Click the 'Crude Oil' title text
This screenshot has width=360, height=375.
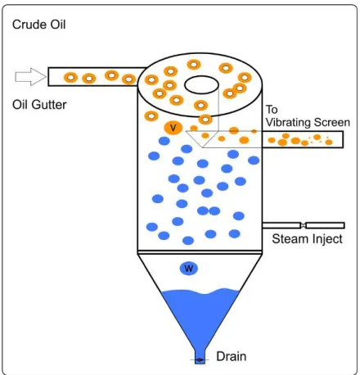click(x=39, y=25)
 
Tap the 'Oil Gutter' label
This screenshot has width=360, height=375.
click(x=39, y=105)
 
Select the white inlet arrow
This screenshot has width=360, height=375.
click(x=30, y=77)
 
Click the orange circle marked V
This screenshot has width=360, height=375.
click(x=173, y=128)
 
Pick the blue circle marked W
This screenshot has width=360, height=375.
click(x=189, y=269)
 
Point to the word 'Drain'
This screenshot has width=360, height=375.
click(x=232, y=356)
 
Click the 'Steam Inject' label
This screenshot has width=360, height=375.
click(x=307, y=239)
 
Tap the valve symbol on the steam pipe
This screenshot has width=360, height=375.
click(x=303, y=225)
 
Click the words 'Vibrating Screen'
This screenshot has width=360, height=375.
click(x=308, y=122)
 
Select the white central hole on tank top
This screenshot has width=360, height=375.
click(x=201, y=84)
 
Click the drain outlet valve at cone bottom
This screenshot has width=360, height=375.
click(x=200, y=360)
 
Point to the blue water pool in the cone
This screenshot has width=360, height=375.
click(x=200, y=314)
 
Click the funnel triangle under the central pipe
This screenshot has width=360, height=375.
click(x=202, y=139)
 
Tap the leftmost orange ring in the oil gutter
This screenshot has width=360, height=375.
click(x=70, y=78)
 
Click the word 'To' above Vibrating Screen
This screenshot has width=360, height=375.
click(x=272, y=110)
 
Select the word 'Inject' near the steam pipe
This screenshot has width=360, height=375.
click(x=327, y=239)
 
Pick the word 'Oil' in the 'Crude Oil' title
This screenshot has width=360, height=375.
click(x=58, y=25)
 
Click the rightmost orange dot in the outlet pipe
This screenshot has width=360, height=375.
click(x=329, y=142)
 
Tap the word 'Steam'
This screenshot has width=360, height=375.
click(x=290, y=239)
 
